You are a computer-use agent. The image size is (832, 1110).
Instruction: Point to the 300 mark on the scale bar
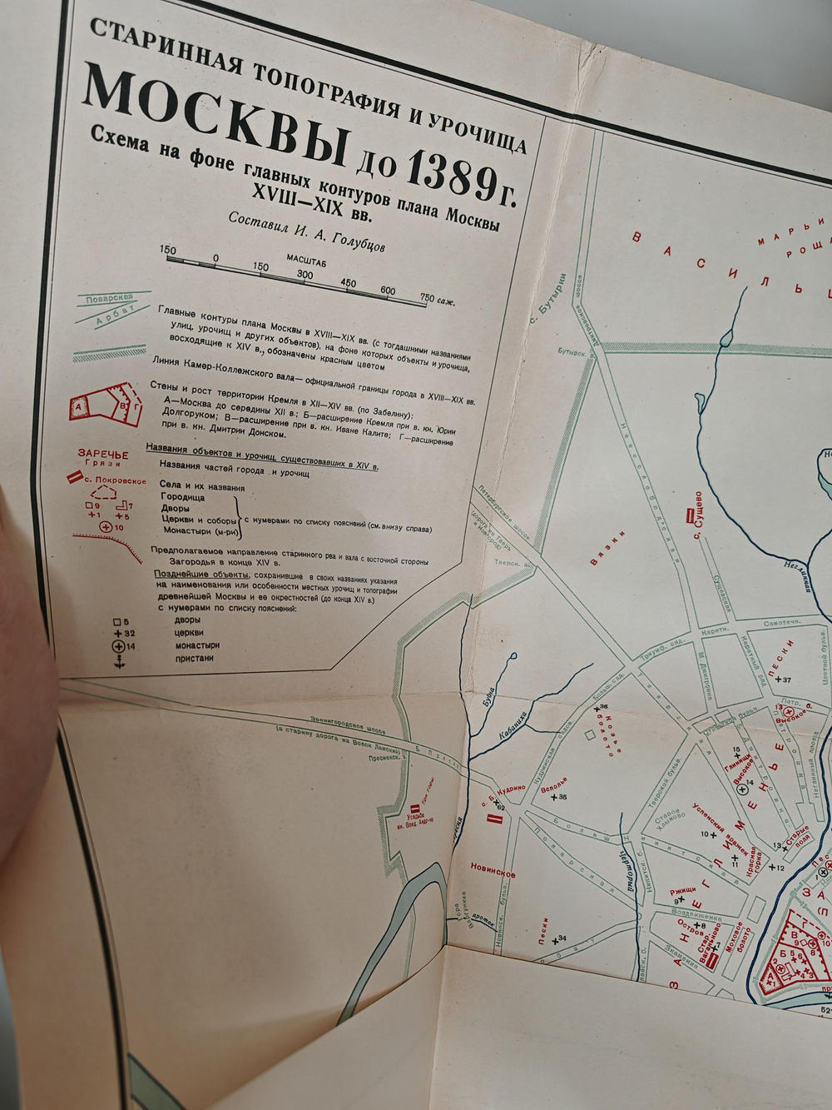[x=305, y=275]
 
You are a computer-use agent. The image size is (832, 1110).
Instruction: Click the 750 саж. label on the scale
[x=438, y=300]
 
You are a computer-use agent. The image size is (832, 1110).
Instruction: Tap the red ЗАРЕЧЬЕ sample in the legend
[x=103, y=454]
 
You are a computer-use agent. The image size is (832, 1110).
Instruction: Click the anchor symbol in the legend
[x=118, y=660]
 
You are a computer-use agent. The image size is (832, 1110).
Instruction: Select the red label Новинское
[x=493, y=874]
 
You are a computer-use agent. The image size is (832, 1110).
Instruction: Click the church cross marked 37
[x=777, y=680]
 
